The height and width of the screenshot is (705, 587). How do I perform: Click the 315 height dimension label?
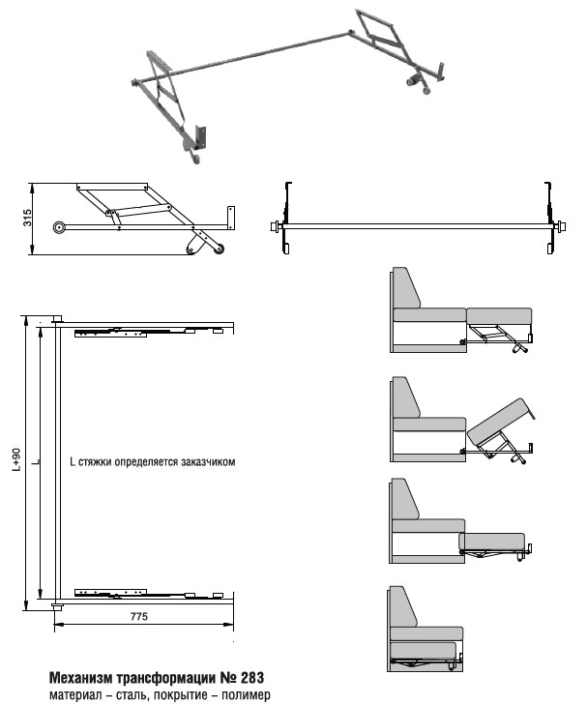click(28, 218)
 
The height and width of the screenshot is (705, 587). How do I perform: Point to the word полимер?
click(243, 694)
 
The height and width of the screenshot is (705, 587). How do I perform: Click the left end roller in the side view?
click(61, 228)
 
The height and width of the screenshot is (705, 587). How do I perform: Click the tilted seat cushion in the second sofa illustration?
click(500, 418)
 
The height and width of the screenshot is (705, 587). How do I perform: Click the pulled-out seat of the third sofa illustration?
click(492, 541)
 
